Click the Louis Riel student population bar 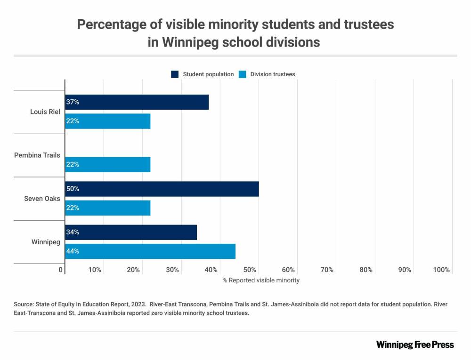(137, 102)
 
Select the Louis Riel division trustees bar (107, 121)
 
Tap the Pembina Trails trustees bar (107, 164)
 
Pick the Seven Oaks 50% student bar (162, 189)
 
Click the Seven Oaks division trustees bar (107, 208)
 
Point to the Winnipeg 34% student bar (130, 232)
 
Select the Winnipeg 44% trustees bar (150, 251)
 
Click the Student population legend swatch (175, 74)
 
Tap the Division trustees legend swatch (243, 74)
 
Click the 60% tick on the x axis (288, 270)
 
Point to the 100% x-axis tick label (441, 270)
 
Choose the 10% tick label (95, 270)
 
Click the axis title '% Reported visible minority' (261, 280)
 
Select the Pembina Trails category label (37, 155)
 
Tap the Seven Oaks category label (42, 199)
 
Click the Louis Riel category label (45, 112)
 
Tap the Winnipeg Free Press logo (415, 344)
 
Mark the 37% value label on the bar (73, 102)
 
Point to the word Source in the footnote (24, 304)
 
